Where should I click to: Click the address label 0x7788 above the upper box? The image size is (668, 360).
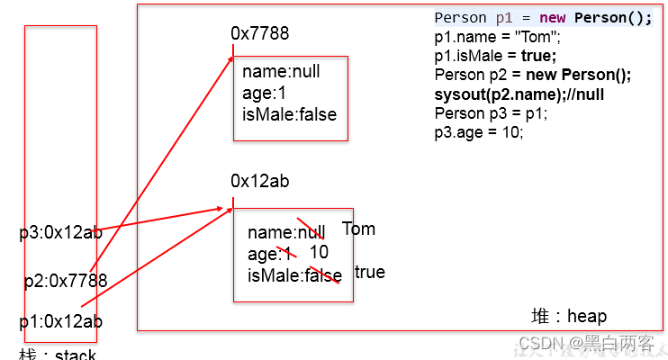[259, 33]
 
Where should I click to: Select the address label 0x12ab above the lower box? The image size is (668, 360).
[259, 182]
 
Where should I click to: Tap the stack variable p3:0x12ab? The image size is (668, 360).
[61, 232]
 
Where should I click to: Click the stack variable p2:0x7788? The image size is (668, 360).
[66, 281]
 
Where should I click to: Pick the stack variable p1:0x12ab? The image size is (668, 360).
[61, 321]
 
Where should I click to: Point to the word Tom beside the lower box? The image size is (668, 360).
[358, 229]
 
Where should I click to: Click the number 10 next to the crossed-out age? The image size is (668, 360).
[319, 252]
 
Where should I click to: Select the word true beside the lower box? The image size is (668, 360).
[369, 272]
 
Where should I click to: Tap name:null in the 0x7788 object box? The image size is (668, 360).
[281, 72]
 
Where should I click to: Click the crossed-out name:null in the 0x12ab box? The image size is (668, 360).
[286, 232]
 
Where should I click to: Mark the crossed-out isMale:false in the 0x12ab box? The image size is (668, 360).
[294, 274]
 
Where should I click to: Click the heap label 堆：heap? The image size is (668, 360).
[569, 316]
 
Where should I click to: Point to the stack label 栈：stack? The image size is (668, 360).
[58, 354]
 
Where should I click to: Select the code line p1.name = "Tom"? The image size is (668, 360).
[497, 38]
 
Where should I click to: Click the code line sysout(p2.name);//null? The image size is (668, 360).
[519, 94]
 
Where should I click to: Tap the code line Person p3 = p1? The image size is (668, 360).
[487, 112]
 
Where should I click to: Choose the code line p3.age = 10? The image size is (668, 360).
[478, 131]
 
